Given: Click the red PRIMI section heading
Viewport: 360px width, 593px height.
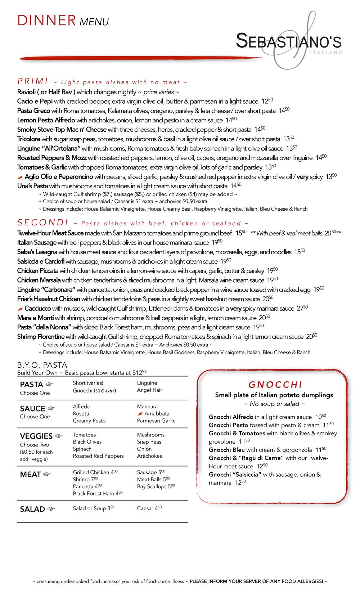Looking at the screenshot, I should click(x=33, y=81).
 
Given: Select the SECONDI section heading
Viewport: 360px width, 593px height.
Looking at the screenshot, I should click(x=43, y=222).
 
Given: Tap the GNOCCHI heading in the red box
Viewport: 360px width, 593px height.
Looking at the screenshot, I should click(x=275, y=385).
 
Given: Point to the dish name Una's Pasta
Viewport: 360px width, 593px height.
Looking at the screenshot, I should click(x=33, y=186).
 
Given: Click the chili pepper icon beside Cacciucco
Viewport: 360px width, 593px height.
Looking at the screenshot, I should click(x=20, y=309).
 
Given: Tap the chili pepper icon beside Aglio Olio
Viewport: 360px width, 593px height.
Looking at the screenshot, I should click(x=20, y=177).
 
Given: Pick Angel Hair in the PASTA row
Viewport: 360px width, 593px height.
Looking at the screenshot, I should click(x=149, y=390).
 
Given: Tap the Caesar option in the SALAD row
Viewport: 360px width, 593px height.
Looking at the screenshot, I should click(x=145, y=508).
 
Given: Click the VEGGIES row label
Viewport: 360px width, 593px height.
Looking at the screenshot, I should click(x=36, y=436).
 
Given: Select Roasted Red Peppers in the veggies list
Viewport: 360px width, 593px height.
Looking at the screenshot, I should click(x=98, y=456).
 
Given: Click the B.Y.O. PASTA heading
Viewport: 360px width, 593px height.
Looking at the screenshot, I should click(x=42, y=365).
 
